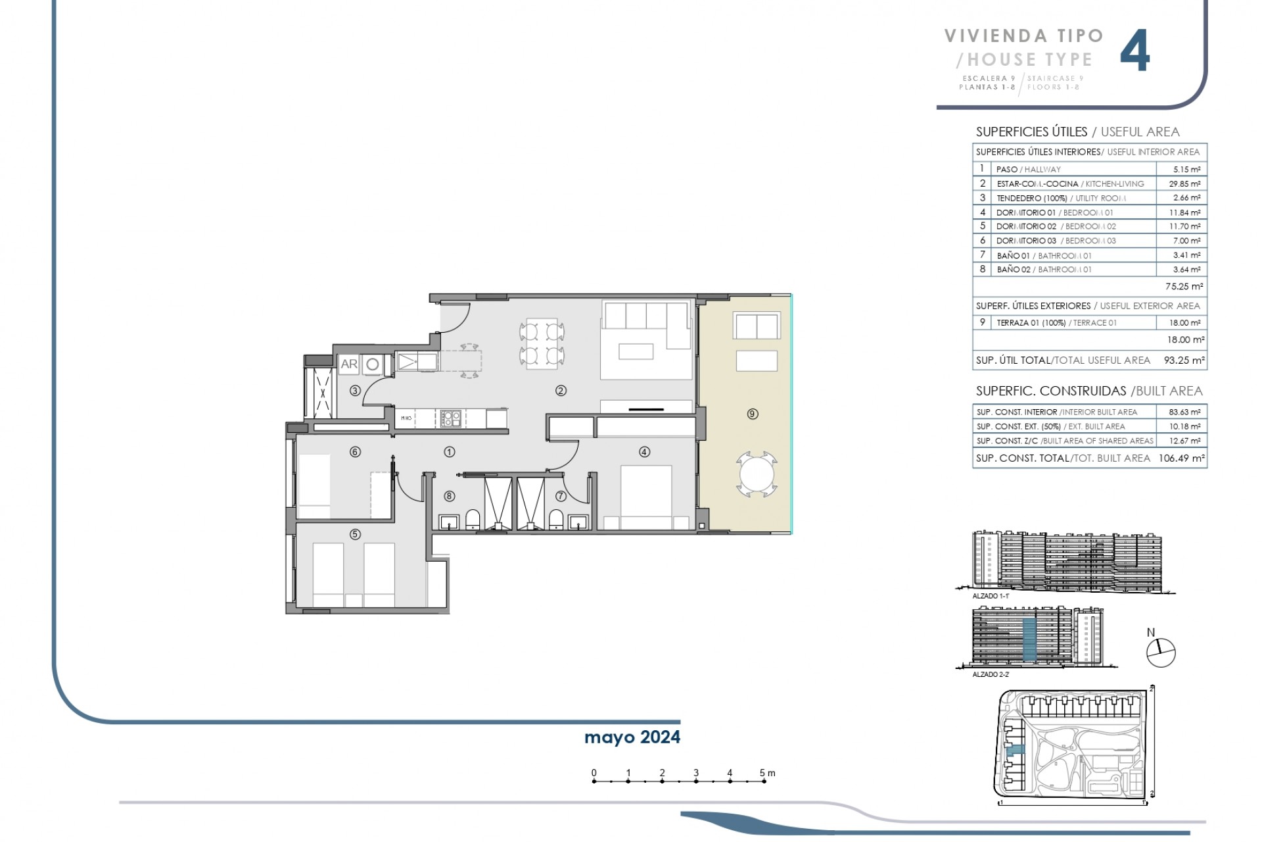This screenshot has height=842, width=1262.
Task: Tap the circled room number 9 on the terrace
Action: [753, 414]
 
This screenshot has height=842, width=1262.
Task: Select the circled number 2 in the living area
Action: [561, 391]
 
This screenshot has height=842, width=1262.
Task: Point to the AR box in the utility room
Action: [348, 364]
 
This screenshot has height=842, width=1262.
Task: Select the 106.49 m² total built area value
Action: [1184, 458]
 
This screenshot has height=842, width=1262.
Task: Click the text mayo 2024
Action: [632, 737]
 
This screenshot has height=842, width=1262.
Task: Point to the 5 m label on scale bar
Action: [766, 773]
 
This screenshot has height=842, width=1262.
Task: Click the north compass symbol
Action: [1161, 653]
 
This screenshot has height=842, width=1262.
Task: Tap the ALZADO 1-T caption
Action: [990, 595]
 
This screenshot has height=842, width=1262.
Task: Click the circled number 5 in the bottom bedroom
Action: [355, 534]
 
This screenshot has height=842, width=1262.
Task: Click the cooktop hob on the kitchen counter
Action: [450, 417]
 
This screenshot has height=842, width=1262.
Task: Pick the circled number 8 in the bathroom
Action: [450, 496]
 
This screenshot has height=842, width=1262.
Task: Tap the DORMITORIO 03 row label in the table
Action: [1025, 241]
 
